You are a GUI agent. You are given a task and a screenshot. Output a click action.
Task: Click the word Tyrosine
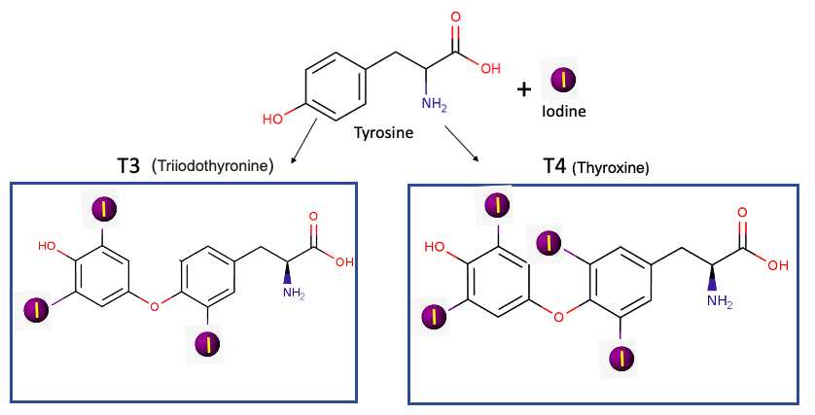coord(387,131)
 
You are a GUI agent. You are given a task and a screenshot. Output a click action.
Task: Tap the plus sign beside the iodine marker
coord(524,89)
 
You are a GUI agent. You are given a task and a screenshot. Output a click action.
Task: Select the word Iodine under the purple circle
coord(564,112)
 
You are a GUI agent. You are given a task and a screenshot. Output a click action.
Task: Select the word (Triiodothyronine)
coord(213,167)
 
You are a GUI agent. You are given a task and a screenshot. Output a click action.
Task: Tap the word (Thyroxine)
coord(611,167)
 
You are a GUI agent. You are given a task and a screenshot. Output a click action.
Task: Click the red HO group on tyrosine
coord(273,119)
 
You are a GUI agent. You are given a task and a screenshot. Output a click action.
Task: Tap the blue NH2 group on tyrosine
coord(434,102)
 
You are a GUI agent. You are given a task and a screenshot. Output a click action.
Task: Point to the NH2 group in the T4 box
coord(719,301)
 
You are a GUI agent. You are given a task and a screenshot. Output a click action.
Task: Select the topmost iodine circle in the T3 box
coord(103,208)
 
